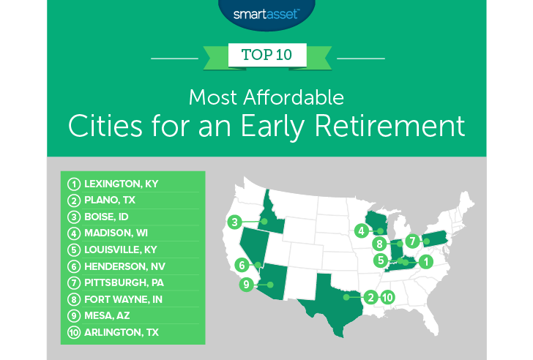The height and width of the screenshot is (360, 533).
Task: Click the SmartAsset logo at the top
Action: click(x=266, y=12)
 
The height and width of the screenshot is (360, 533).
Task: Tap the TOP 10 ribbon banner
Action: click(x=266, y=55)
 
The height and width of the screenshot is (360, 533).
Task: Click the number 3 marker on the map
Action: click(x=235, y=222)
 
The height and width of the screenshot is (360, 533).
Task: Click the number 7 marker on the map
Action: click(x=412, y=240)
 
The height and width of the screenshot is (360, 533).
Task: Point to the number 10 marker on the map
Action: click(x=387, y=297)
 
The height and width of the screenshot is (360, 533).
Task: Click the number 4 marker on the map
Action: click(x=361, y=231)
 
